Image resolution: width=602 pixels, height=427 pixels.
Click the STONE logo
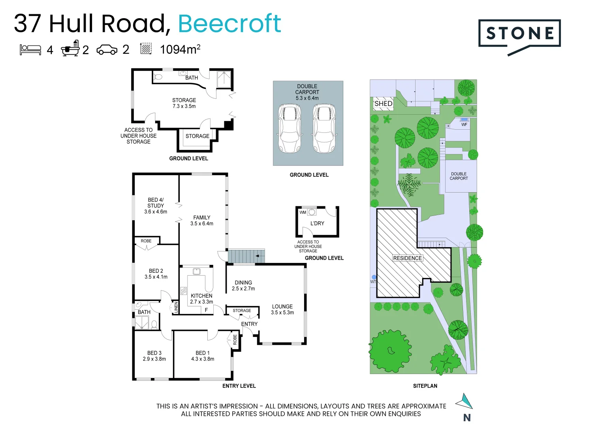click(519, 34)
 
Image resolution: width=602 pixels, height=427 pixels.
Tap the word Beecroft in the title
click(230, 24)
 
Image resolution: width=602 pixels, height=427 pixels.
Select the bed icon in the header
click(30, 49)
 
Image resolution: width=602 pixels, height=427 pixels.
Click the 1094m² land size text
click(180, 49)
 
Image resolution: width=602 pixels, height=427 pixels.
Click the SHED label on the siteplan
click(383, 104)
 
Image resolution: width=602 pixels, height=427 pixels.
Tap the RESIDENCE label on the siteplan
click(407, 258)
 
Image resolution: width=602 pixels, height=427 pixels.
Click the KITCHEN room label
click(201, 296)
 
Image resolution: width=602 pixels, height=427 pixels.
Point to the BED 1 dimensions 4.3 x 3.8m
click(203, 359)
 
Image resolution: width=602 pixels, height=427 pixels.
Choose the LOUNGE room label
click(282, 306)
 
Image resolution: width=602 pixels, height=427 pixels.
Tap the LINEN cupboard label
click(176, 307)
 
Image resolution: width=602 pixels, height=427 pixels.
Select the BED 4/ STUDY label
click(156, 203)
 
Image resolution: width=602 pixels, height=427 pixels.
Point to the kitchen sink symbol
click(196, 271)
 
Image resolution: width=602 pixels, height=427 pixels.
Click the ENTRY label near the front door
click(249, 324)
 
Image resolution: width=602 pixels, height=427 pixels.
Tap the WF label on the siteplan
click(464, 125)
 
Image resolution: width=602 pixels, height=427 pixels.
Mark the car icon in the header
click(107, 50)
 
